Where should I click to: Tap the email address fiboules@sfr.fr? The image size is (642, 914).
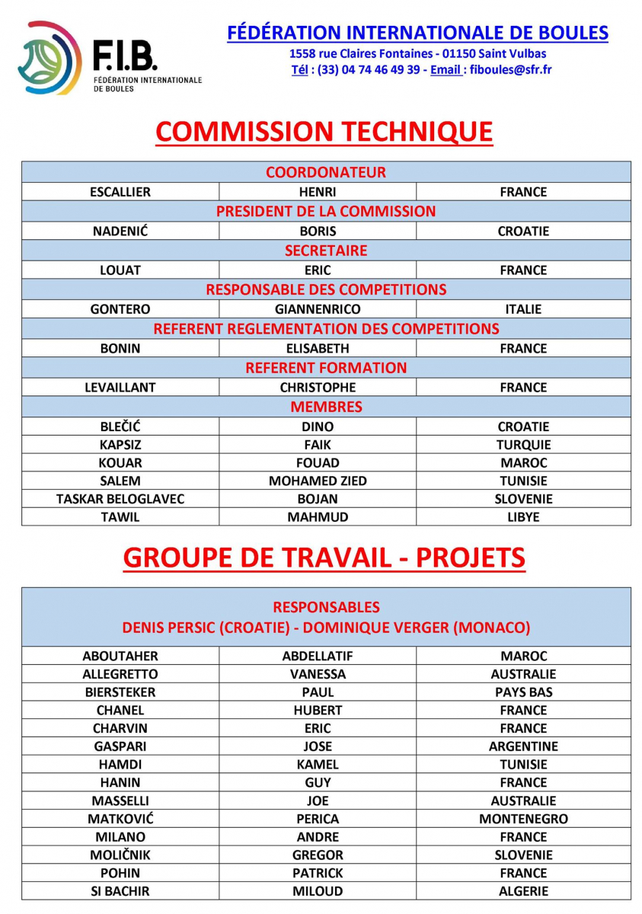pos(510,69)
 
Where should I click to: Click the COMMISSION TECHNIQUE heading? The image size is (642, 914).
pos(324,132)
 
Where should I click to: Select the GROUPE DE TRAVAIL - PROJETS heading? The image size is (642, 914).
pos(324,558)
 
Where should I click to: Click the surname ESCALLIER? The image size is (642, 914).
pos(120,192)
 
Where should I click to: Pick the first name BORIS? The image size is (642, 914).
pos(318,231)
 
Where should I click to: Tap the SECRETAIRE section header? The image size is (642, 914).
pos(326,251)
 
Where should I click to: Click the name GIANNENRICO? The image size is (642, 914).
pos(318,309)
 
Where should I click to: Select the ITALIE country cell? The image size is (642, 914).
pos(523,309)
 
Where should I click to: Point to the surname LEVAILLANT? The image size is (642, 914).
pos(120,387)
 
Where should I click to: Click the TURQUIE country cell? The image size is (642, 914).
pos(523,445)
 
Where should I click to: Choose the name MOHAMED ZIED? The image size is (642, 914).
pos(318,481)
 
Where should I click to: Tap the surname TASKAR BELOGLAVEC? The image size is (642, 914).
pos(120,499)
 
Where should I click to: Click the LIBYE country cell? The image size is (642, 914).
pos(523,517)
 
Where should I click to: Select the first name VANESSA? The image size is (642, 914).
pos(318,674)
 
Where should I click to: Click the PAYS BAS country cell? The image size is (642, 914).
pos(523,692)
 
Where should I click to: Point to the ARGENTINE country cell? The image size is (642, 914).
pos(523,746)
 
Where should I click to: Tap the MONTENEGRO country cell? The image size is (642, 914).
pos(523,819)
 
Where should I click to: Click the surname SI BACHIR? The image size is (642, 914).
pos(120,891)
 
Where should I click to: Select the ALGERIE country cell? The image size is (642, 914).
pos(523,891)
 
